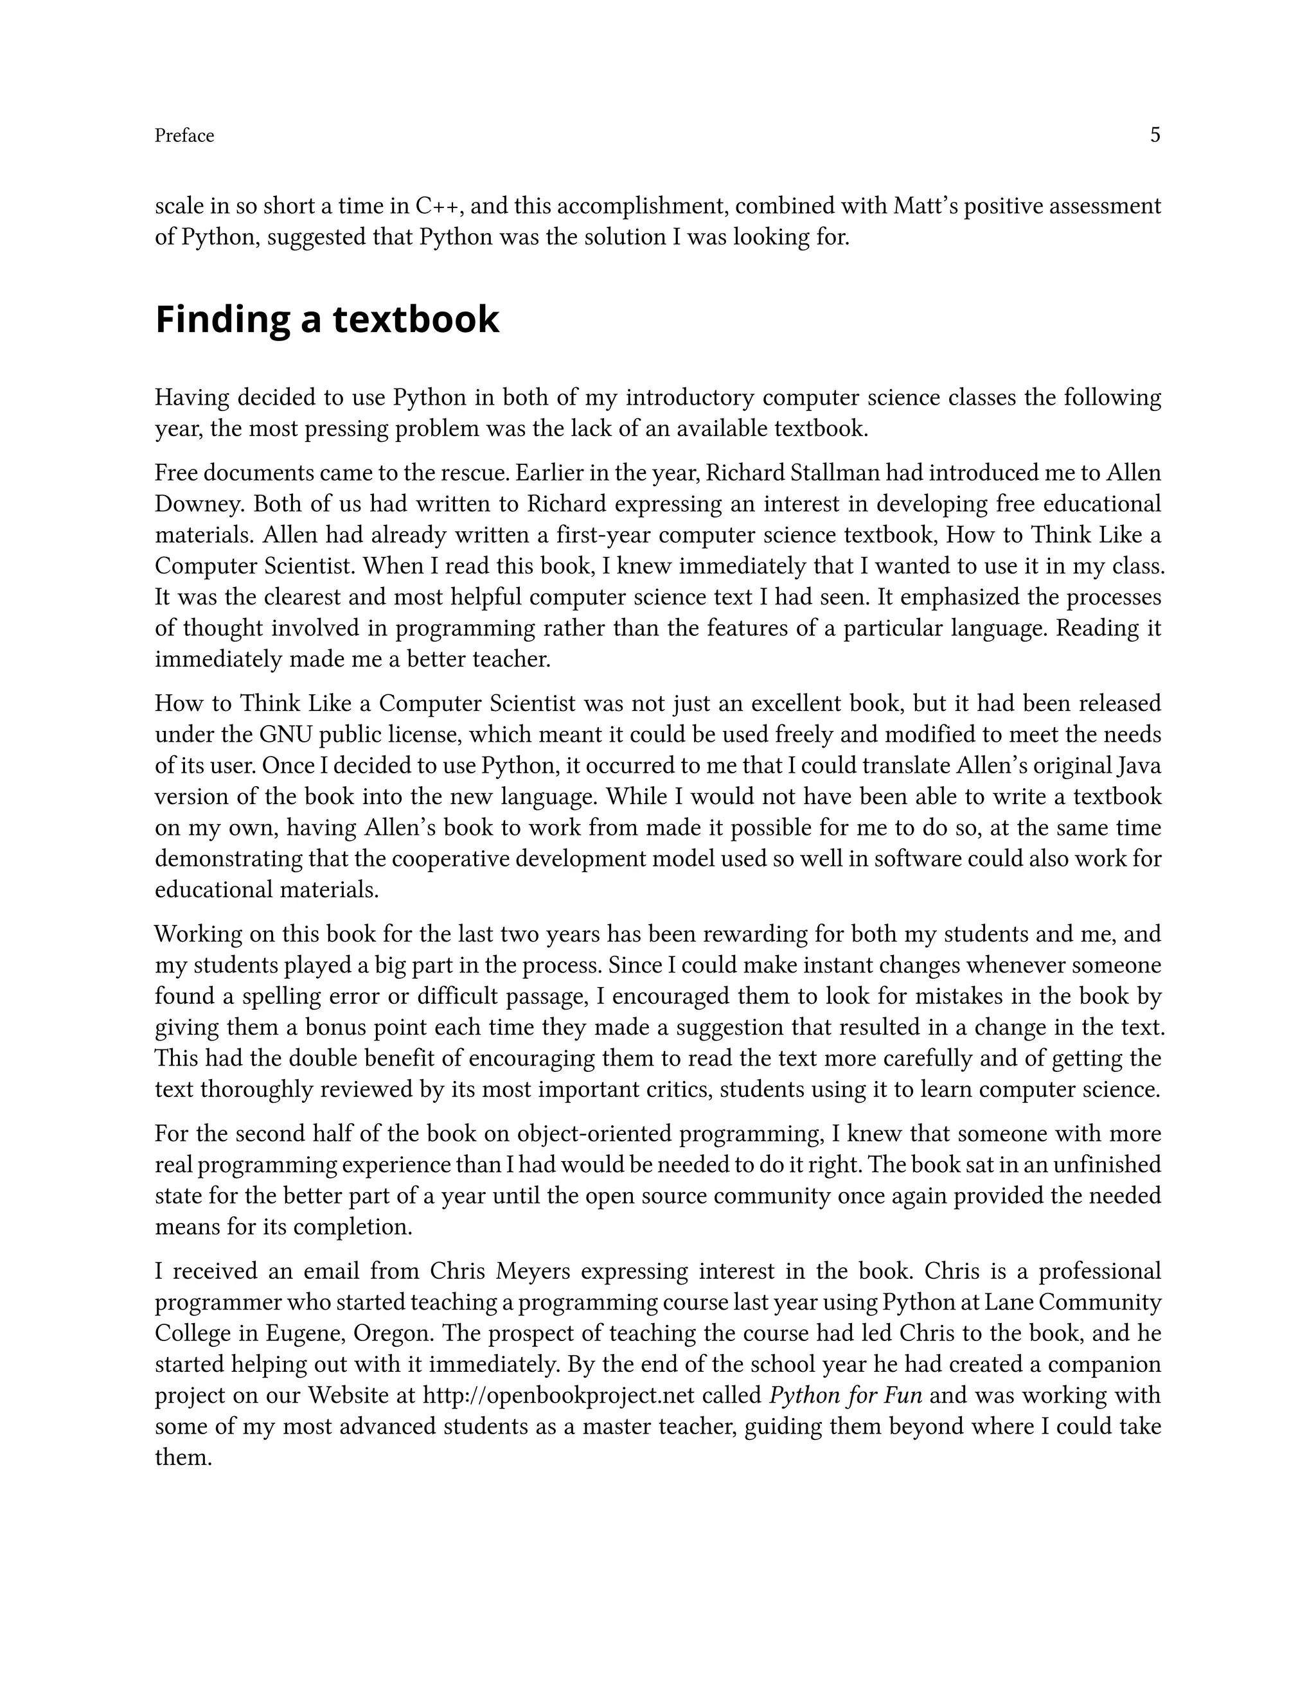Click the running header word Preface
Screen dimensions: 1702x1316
click(x=184, y=136)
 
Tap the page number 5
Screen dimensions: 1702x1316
click(x=1155, y=135)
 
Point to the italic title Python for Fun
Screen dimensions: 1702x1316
click(x=845, y=1396)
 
